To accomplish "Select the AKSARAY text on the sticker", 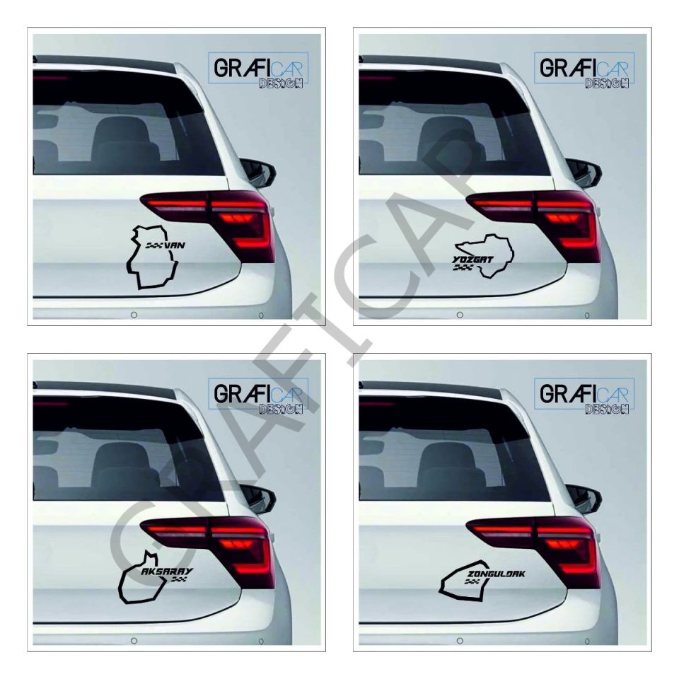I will click(167, 570).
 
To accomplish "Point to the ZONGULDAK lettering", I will click(496, 573).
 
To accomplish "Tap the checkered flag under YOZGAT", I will click(463, 269).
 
